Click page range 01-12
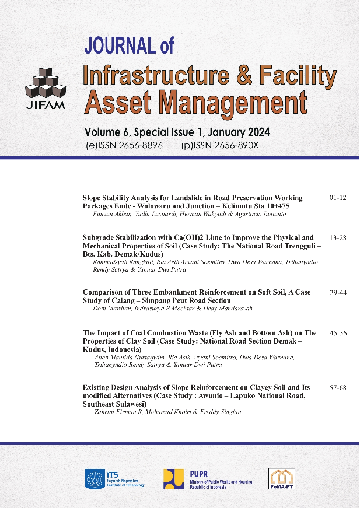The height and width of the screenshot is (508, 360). click(338, 198)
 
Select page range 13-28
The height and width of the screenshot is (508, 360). click(338, 238)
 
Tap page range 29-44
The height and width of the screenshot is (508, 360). click(338, 292)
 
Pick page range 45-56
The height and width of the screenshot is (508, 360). click(338, 334)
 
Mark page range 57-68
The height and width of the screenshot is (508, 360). click(338, 388)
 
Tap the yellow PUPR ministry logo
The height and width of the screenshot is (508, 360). click(174, 478)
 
